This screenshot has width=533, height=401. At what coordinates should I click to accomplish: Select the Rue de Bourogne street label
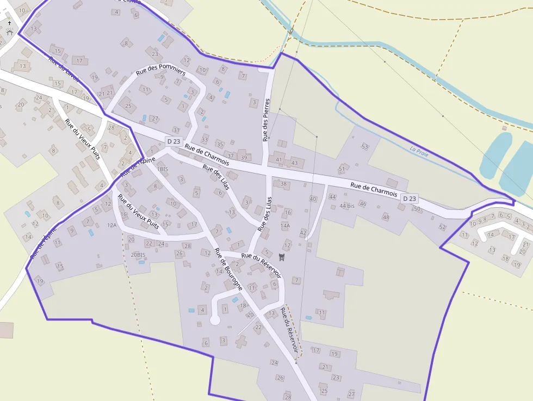click(x=228, y=269)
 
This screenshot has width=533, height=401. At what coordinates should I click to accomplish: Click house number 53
click(x=365, y=146)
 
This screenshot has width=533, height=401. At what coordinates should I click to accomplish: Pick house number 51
click(x=342, y=169)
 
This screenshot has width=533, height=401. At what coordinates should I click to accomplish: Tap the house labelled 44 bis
click(x=346, y=206)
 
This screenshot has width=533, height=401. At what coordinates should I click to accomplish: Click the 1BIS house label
click(x=163, y=169)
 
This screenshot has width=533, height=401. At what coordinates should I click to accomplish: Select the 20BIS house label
click(x=138, y=254)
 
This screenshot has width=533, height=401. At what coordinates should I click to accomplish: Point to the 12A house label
click(x=112, y=225)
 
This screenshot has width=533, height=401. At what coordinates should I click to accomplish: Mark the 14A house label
click(x=285, y=225)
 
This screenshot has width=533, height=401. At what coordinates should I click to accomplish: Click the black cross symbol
click(x=10, y=23)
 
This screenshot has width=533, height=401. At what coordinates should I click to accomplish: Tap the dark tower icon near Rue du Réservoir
click(x=281, y=257)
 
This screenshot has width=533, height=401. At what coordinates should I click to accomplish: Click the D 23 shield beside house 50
click(x=410, y=199)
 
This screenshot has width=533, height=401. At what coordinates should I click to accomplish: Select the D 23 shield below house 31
click(x=173, y=141)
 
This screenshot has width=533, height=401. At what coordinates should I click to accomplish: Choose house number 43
click(x=294, y=163)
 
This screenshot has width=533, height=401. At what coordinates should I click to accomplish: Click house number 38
click(x=283, y=184)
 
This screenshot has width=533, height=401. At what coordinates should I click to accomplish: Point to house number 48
click(x=386, y=217)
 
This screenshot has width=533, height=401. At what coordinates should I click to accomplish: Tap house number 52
click(x=442, y=227)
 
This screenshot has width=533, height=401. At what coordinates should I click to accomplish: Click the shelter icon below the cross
click(x=9, y=32)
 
